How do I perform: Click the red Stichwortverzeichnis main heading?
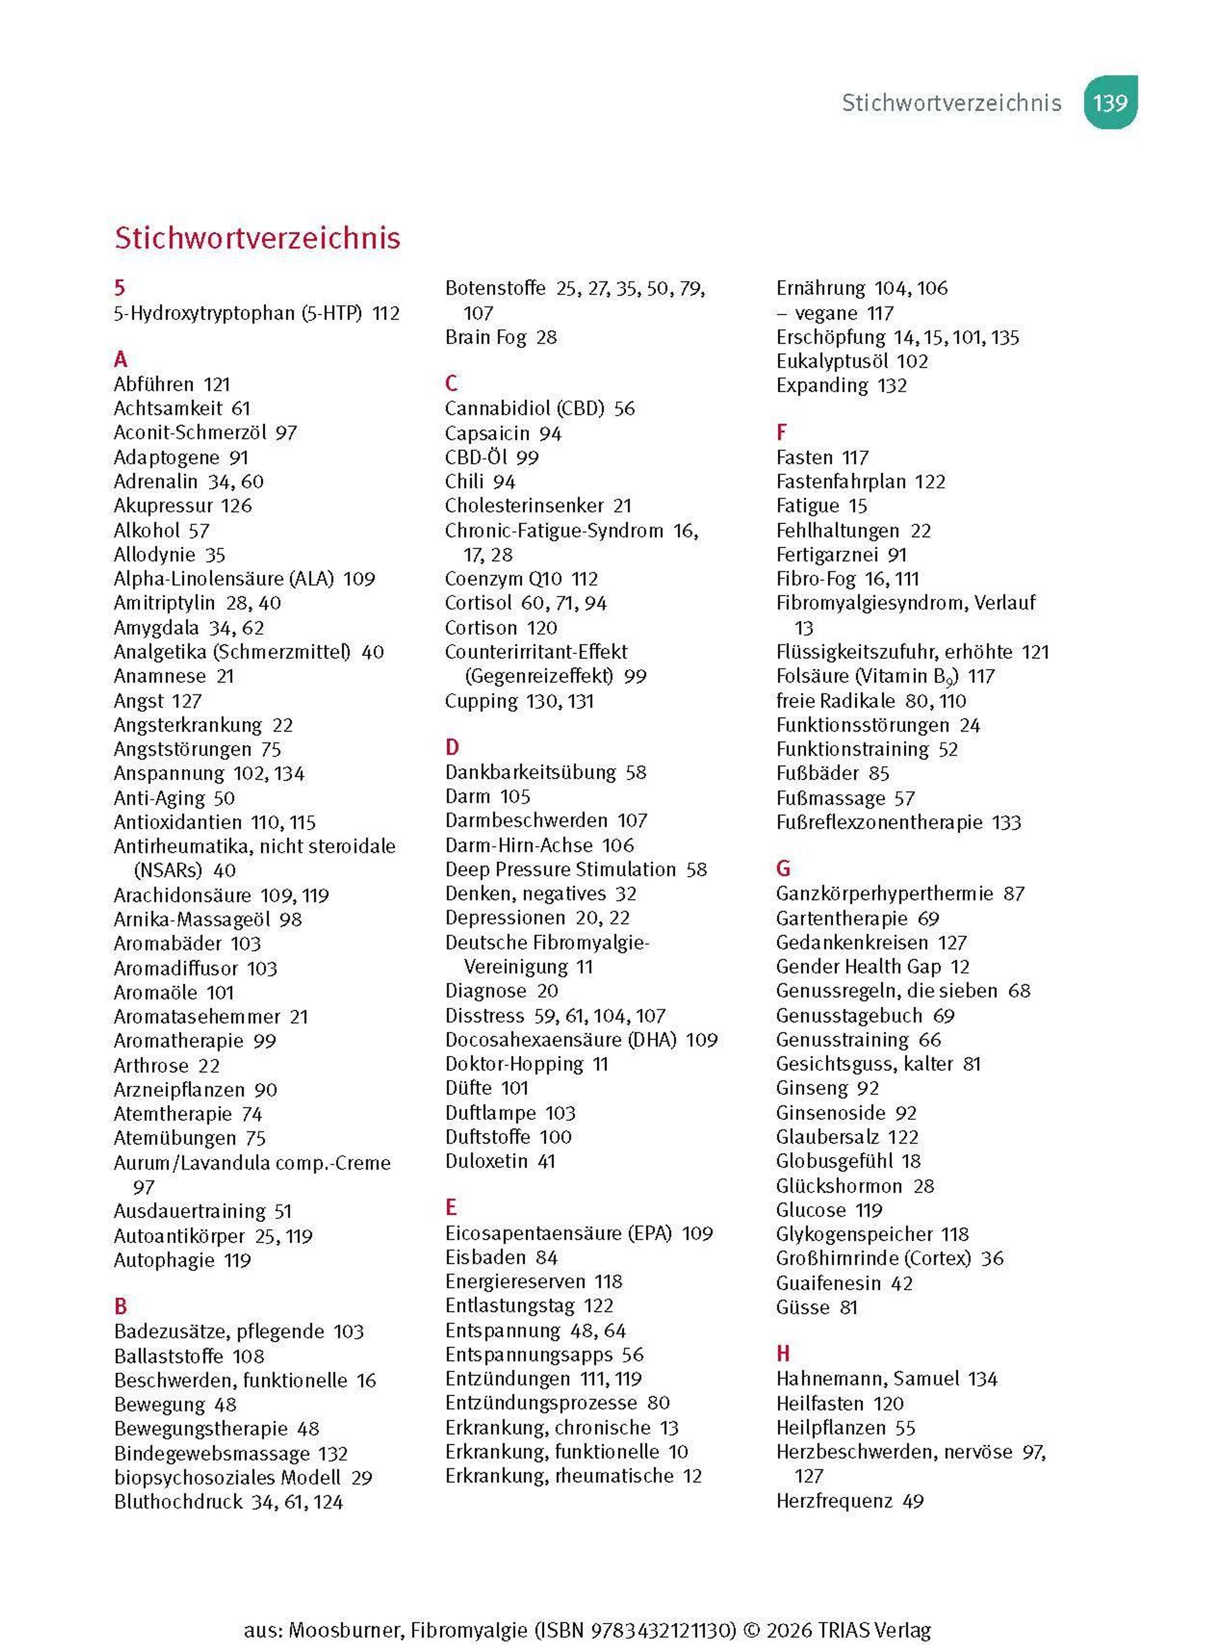tap(257, 238)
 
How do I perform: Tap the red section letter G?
tap(783, 868)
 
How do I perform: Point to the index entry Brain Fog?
tap(485, 338)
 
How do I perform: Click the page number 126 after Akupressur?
tap(237, 506)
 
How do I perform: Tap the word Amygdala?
tap(156, 628)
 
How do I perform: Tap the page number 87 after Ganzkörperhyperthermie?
tap(1014, 894)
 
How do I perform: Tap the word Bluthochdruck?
tap(178, 1502)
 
